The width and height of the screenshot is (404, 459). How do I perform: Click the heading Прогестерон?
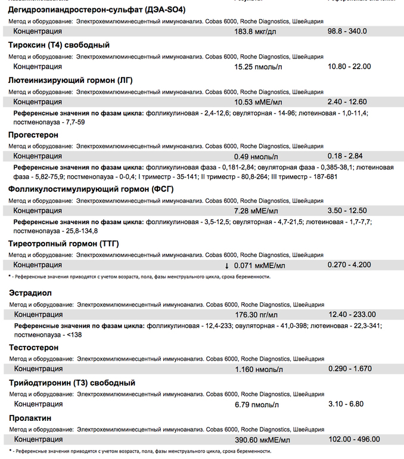33,135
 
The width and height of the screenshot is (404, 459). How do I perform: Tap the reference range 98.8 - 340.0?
347,31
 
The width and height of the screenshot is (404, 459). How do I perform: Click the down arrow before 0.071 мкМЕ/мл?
226,265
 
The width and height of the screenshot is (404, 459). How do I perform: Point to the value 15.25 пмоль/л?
259,66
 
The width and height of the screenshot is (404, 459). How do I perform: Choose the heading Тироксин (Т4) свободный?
59,45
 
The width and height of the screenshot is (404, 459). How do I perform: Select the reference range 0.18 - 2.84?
346,156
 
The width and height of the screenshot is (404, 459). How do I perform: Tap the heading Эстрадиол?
30,293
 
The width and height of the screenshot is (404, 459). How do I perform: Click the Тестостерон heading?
34,347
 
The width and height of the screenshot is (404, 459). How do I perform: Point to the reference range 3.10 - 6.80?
346,404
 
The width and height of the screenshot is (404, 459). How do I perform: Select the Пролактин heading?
30,417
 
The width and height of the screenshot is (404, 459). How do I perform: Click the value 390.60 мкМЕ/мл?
263,439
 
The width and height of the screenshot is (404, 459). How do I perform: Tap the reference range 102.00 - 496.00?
354,439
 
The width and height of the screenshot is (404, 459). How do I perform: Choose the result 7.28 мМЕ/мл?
256,210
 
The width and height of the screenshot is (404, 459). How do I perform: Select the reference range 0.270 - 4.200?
349,265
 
